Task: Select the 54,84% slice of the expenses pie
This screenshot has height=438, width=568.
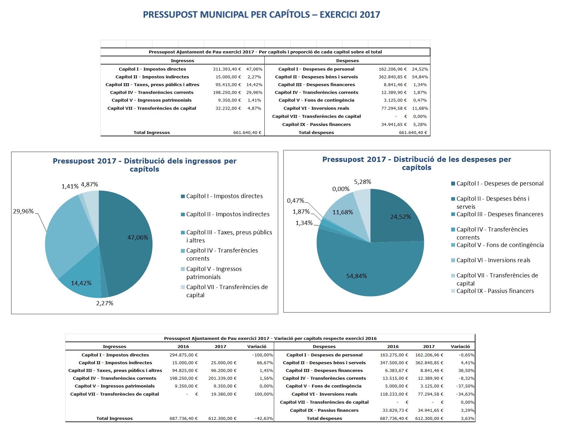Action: click(372, 272)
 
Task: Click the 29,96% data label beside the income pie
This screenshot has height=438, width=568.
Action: click(23, 211)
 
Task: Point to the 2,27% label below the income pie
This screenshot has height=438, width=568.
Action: click(105, 303)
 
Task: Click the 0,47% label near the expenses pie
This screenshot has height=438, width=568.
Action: click(295, 201)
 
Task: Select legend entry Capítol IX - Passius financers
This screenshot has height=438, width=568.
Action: click(495, 291)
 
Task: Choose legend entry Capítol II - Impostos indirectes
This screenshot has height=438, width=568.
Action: click(228, 214)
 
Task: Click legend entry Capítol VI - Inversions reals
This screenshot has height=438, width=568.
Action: click(493, 260)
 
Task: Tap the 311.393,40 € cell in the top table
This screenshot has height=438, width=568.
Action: click(227, 69)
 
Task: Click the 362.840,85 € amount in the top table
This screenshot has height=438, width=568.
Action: click(393, 77)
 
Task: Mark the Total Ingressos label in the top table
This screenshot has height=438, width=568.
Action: click(151, 132)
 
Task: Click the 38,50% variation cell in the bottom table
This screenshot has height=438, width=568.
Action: click(466, 370)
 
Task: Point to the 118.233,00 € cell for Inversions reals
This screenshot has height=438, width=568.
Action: click(394, 394)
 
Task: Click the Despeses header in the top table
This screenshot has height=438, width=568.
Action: click(347, 61)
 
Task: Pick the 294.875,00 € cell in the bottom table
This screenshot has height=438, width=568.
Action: click(184, 355)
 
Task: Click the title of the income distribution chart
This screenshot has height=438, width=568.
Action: click(145, 165)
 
